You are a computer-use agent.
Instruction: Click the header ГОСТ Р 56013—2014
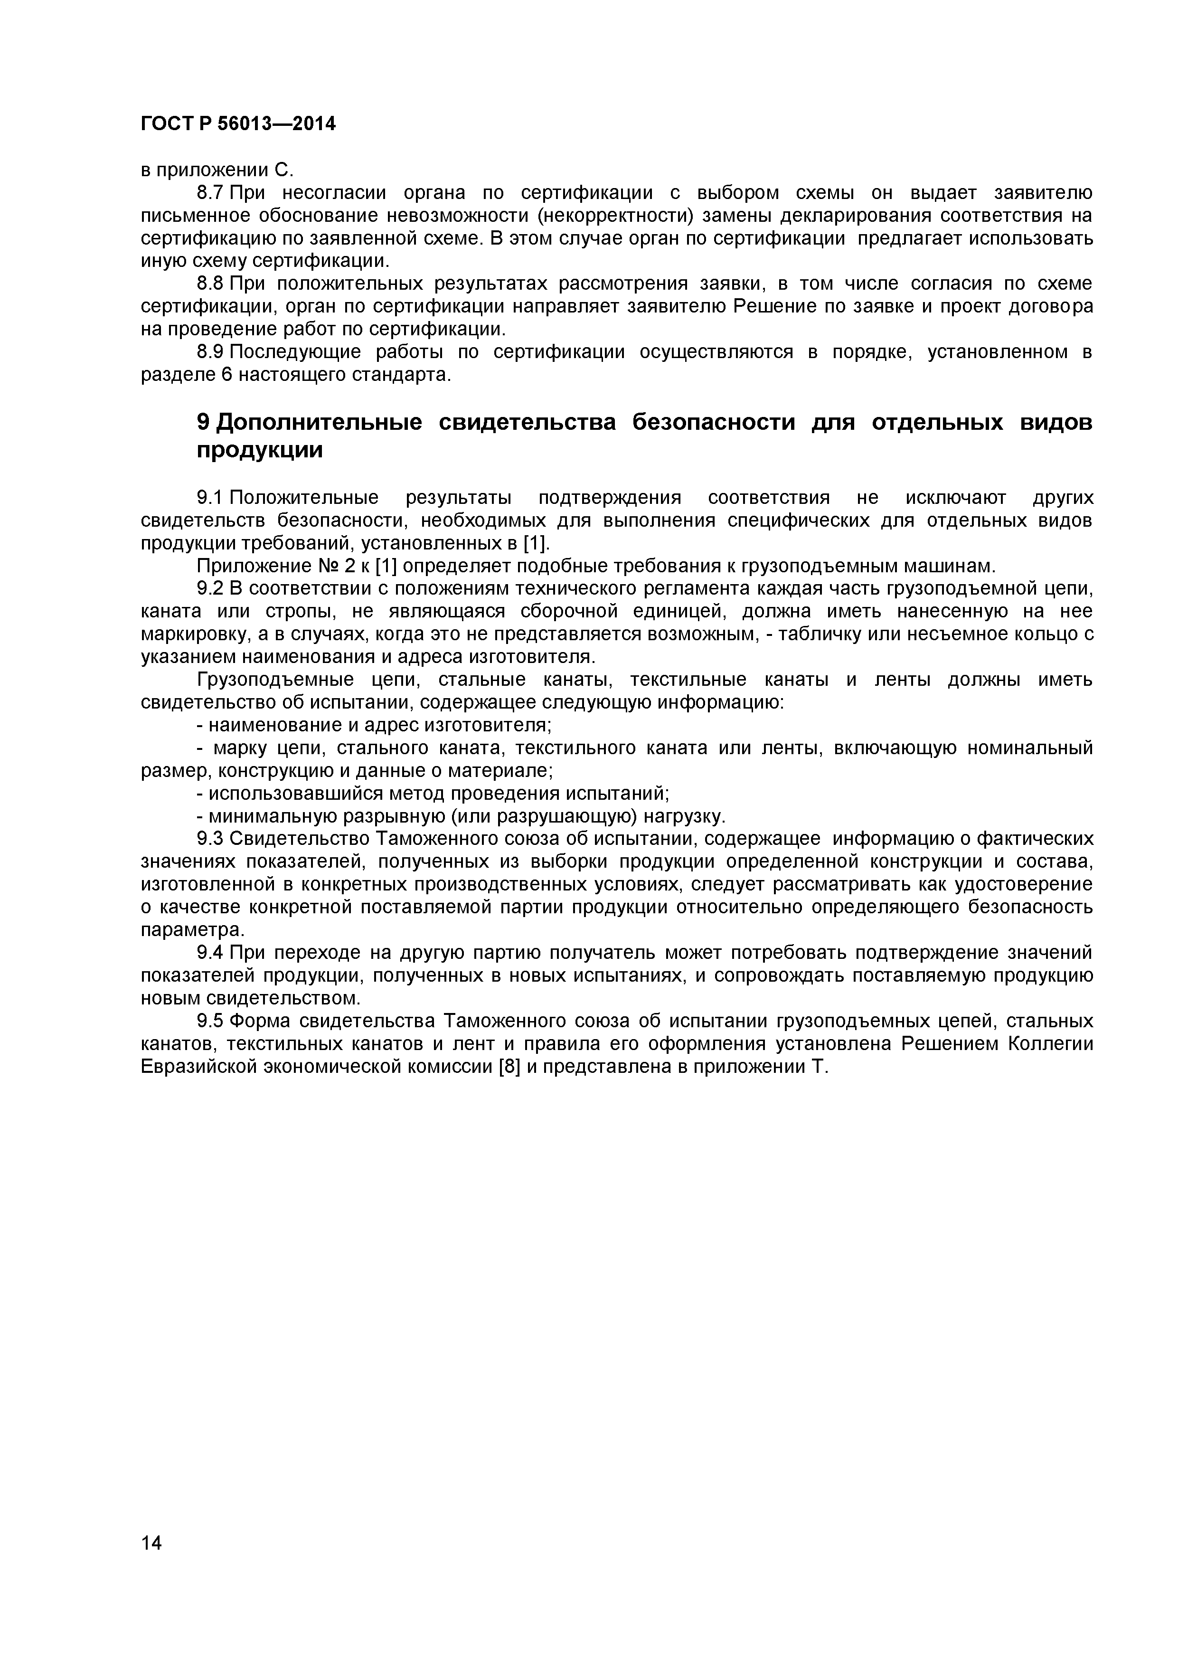(x=238, y=124)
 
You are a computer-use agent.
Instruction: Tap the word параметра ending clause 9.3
(x=193, y=930)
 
